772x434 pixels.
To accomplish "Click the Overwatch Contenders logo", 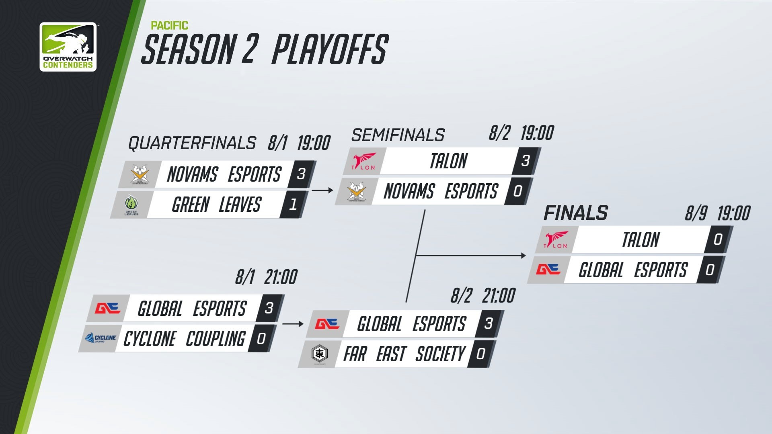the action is (68, 47).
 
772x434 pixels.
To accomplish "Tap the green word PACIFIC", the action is (169, 26).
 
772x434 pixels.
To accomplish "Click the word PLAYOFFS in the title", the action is (330, 49).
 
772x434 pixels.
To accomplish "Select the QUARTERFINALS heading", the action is (192, 143).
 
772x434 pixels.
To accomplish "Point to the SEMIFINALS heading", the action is (398, 135).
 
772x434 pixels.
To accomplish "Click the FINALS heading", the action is (576, 213).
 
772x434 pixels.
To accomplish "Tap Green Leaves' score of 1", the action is (293, 205).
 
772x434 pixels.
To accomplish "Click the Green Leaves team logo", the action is (131, 205).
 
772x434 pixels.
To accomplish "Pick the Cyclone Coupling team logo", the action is (101, 338).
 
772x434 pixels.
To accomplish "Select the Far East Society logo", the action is (320, 354).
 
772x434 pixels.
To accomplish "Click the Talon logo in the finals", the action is (556, 240).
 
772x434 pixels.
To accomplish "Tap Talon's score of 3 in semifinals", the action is (526, 161).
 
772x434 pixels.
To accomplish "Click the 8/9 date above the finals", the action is (696, 213).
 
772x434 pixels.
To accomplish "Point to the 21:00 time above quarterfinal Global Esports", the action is (281, 277).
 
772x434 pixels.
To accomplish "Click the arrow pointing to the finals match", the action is (471, 256).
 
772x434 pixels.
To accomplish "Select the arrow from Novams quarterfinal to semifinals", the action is (322, 190).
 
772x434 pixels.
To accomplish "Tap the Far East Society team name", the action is (404, 354).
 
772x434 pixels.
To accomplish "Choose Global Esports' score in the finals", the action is (710, 270).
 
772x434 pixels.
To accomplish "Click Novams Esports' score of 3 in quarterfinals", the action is (301, 174).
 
